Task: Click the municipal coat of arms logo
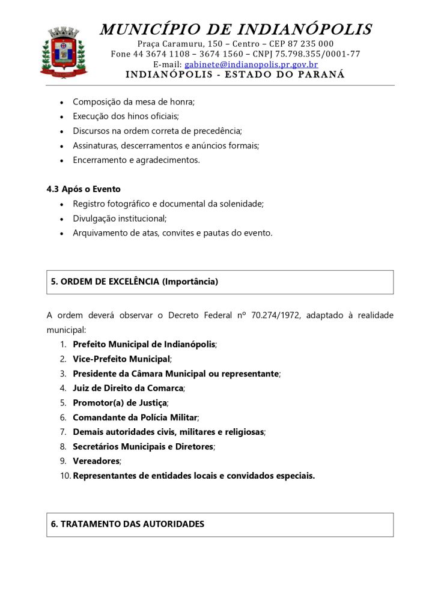tap(64, 52)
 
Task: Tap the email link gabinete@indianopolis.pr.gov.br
tap(251, 64)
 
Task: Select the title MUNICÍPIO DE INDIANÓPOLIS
tap(236, 29)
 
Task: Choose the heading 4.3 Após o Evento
tap(84, 189)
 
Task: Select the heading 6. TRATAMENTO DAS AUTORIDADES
tap(127, 524)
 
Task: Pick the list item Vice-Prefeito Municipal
tap(121, 359)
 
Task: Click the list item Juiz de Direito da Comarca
tap(127, 388)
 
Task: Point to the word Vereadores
tap(96, 461)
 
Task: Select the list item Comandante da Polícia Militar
tap(135, 417)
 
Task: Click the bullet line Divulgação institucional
tap(120, 218)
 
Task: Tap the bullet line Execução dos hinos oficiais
tap(126, 116)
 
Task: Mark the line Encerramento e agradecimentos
tap(136, 160)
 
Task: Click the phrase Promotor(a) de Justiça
tap(120, 402)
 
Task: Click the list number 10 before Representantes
tap(64, 476)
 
